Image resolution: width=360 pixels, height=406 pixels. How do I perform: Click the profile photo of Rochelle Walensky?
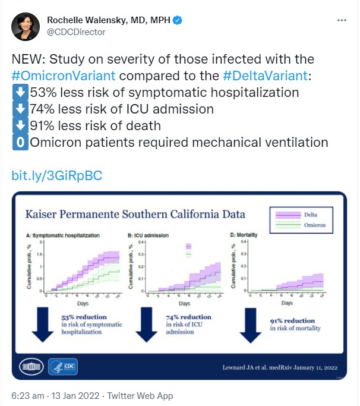(26, 26)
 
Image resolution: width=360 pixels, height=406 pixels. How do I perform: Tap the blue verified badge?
(177, 21)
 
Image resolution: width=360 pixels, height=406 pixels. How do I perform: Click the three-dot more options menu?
(342, 20)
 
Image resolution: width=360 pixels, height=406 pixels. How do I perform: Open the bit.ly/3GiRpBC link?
(57, 175)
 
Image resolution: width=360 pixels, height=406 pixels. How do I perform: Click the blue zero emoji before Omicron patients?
(18, 143)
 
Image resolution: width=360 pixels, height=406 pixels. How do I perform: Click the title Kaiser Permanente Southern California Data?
(135, 215)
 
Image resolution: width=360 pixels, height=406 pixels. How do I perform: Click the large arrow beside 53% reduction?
(42, 325)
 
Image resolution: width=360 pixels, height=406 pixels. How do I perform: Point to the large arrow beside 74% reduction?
(144, 325)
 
